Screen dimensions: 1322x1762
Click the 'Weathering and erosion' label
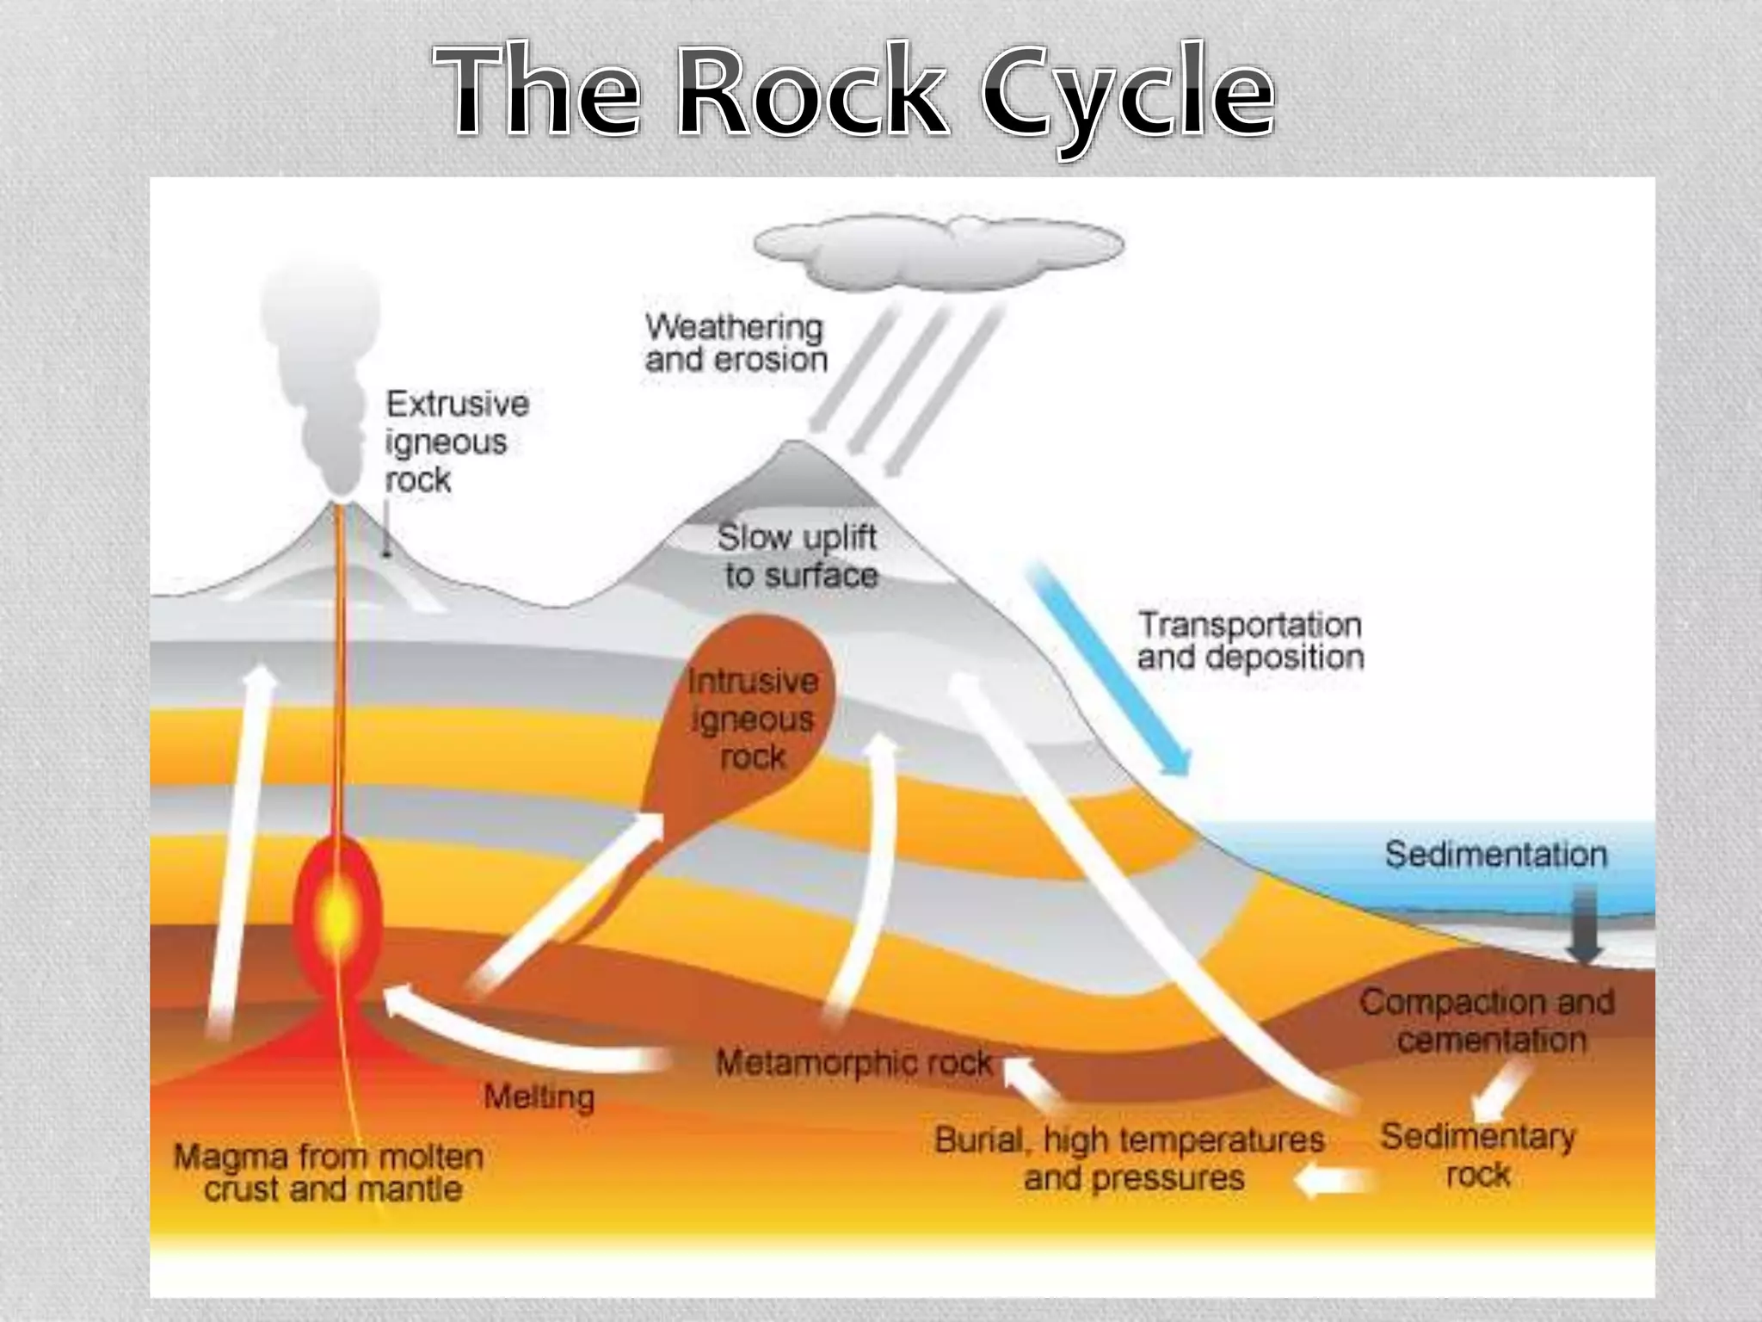click(736, 343)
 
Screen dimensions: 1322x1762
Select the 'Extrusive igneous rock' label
click(456, 441)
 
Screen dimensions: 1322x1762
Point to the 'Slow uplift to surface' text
click(798, 556)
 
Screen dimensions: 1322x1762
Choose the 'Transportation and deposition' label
click(1250, 640)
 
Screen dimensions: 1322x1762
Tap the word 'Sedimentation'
click(1495, 855)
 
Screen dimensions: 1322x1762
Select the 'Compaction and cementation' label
click(1487, 1021)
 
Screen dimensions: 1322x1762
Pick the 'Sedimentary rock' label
click(1477, 1155)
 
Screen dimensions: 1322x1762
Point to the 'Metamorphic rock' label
click(853, 1063)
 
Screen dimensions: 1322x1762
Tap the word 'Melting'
click(539, 1097)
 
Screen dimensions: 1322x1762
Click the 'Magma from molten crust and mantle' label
click(329, 1172)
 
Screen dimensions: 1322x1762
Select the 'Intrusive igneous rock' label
click(753, 720)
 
